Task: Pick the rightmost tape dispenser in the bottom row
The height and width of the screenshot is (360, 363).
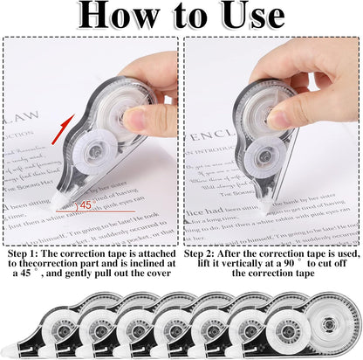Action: click(330, 326)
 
